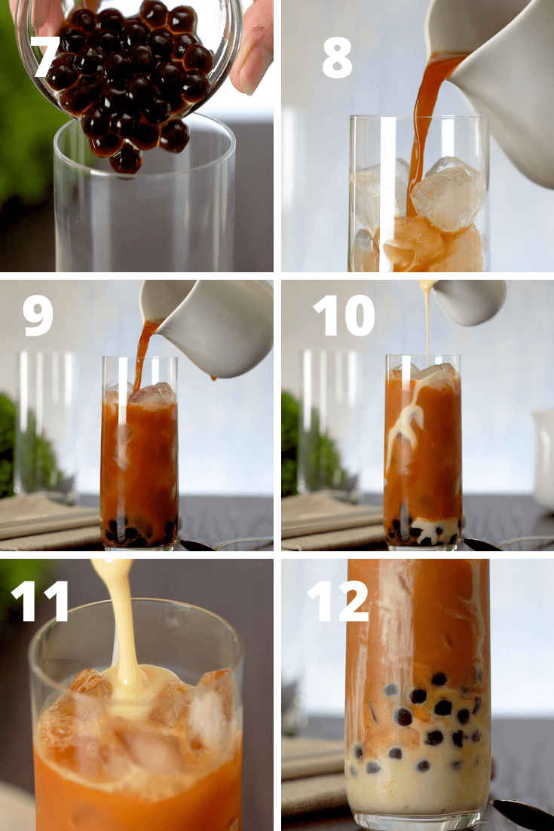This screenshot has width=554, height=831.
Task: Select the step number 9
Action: (x=38, y=314)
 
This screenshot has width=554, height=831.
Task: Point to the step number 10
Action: (x=343, y=314)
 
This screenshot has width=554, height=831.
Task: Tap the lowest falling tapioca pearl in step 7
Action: (x=127, y=159)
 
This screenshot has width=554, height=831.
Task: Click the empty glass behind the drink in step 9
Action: (x=45, y=422)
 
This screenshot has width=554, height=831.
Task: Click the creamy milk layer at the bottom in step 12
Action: (x=418, y=784)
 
